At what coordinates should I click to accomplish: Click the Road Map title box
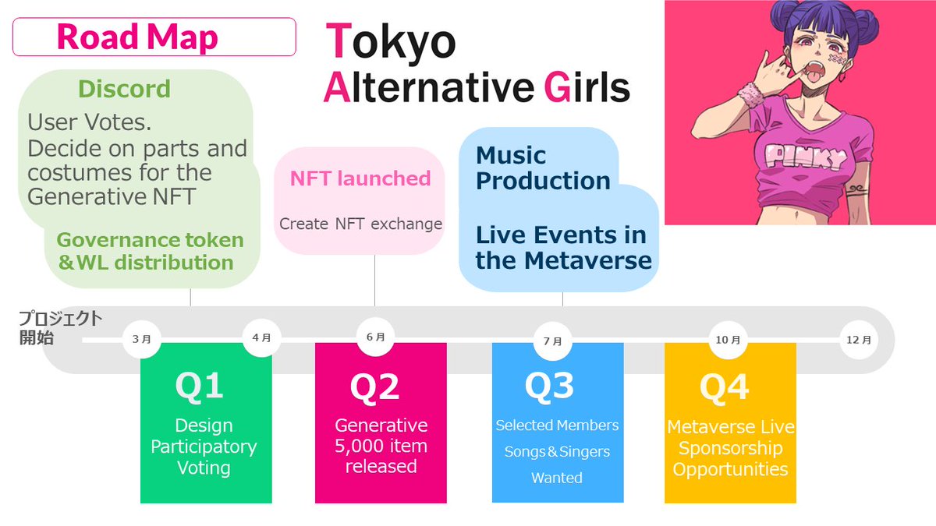click(154, 37)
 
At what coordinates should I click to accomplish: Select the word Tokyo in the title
click(391, 42)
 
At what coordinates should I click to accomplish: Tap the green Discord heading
click(125, 90)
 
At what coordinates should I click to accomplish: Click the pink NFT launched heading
click(360, 178)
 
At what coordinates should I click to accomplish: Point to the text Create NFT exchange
click(360, 224)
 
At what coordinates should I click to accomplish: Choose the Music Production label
click(543, 168)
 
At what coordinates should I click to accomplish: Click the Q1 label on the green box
click(199, 387)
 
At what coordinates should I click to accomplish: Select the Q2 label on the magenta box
click(374, 387)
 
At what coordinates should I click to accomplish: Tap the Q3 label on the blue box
click(549, 386)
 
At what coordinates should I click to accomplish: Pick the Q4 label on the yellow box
click(724, 387)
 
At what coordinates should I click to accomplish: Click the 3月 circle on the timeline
click(141, 340)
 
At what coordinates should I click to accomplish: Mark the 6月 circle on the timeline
click(375, 337)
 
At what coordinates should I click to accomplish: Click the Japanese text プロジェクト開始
click(60, 328)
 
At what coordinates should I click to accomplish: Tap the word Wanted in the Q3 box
click(557, 478)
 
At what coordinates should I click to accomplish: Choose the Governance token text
click(150, 240)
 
